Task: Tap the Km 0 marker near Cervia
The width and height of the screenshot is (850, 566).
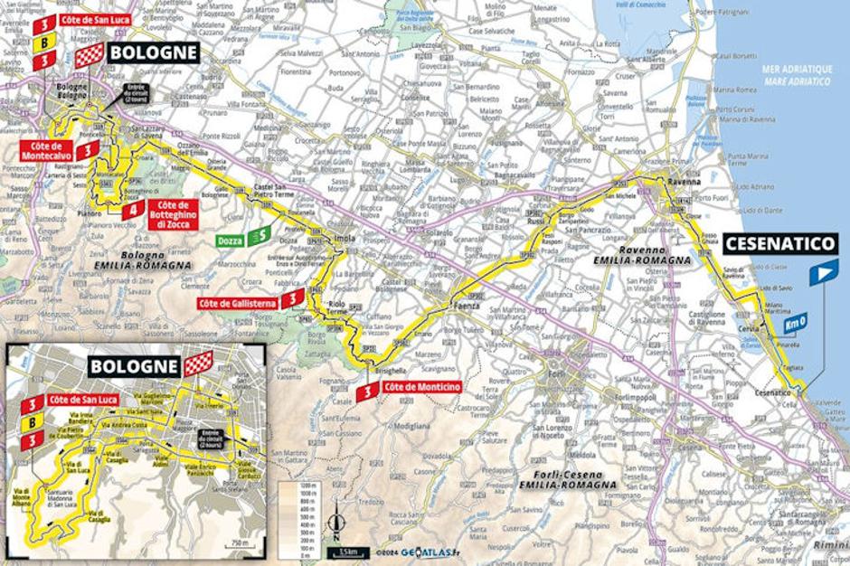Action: coord(796,319)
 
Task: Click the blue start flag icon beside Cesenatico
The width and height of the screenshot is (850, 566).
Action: coord(823,272)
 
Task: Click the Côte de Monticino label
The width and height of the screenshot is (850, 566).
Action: coord(421,388)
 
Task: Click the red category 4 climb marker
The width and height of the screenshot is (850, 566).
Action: coord(133,211)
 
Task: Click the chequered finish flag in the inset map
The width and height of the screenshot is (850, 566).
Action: coord(198,363)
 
